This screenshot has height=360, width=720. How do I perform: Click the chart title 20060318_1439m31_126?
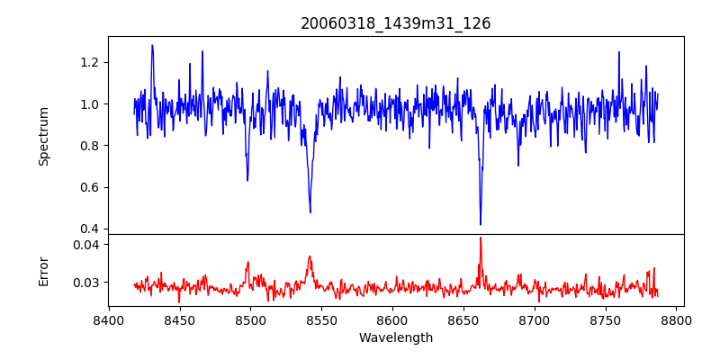(x=396, y=23)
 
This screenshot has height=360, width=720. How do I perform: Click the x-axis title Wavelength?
(x=396, y=338)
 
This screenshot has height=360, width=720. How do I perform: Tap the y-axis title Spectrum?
(x=43, y=136)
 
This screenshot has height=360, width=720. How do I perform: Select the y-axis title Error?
(x=43, y=270)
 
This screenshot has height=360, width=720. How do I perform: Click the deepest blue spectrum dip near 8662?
(x=481, y=224)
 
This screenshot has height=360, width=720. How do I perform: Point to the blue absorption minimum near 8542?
(x=310, y=212)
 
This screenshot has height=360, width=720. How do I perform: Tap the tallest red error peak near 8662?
(x=481, y=238)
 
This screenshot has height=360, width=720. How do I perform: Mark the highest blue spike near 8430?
(x=152, y=45)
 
